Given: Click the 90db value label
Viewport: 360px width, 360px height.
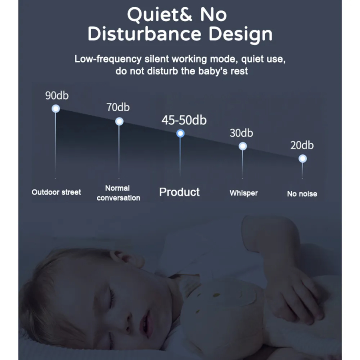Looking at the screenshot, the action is tap(57, 96).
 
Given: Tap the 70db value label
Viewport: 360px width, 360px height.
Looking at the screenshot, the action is tap(118, 108).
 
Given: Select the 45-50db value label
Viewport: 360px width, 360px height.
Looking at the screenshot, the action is tap(184, 120).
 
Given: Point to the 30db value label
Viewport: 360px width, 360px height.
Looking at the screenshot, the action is tap(241, 133).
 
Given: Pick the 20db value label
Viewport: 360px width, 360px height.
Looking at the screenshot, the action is tap(302, 145).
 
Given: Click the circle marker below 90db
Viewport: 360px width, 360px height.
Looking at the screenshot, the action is tap(56, 108).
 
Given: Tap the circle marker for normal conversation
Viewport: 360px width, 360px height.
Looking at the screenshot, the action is tap(119, 122).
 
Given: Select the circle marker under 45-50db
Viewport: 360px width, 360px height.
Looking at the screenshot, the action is tap(180, 133).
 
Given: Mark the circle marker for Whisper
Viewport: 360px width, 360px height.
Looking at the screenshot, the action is tap(243, 146).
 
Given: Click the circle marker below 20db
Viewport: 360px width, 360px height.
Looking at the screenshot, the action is tap(303, 159).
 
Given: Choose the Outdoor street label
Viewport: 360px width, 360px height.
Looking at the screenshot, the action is tap(56, 192).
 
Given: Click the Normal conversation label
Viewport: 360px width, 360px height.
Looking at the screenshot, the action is tap(118, 193).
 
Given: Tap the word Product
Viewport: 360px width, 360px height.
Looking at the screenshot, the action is tap(179, 192).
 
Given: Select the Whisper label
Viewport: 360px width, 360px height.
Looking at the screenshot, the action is tap(244, 193).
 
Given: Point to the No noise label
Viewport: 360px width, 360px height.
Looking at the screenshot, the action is tap(302, 194).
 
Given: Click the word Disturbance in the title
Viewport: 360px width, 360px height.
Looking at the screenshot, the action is tap(144, 34).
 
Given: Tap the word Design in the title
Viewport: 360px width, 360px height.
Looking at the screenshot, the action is tap(240, 34).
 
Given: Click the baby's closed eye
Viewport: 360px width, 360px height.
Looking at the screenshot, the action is tap(112, 299).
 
